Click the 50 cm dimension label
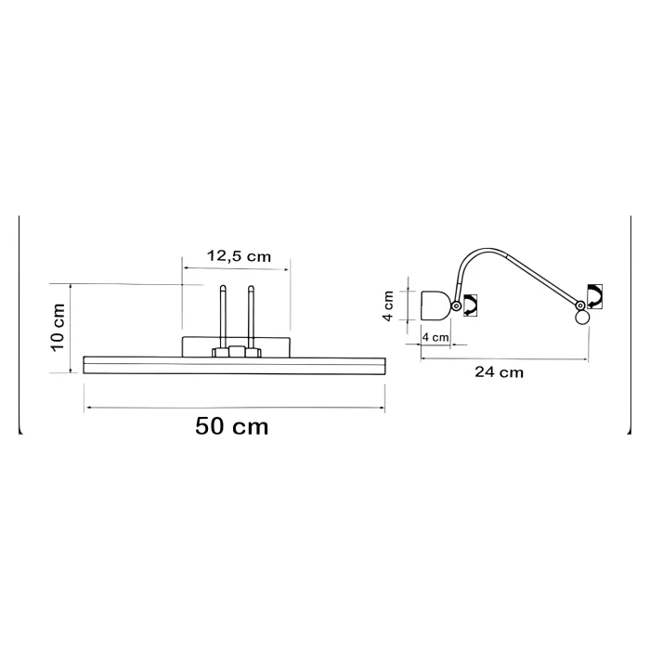point(232,426)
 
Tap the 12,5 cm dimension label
point(239,255)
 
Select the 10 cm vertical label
point(58,328)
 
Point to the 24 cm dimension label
point(500,371)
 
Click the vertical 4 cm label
point(388,305)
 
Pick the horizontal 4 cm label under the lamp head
point(435,337)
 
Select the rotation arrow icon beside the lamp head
point(470,305)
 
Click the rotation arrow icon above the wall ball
point(594,297)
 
